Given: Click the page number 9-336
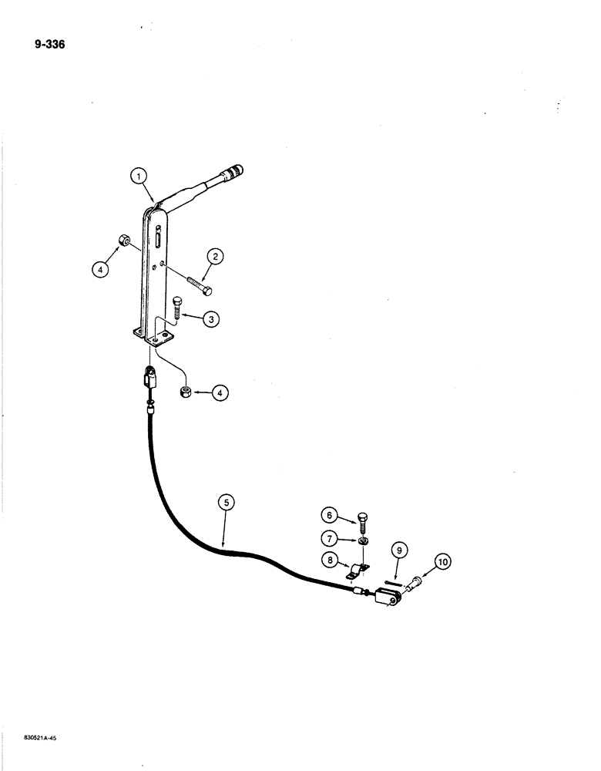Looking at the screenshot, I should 49,44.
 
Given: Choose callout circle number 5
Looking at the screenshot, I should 225,503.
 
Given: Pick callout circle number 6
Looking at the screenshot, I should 330,515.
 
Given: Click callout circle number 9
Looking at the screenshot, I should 398,550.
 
